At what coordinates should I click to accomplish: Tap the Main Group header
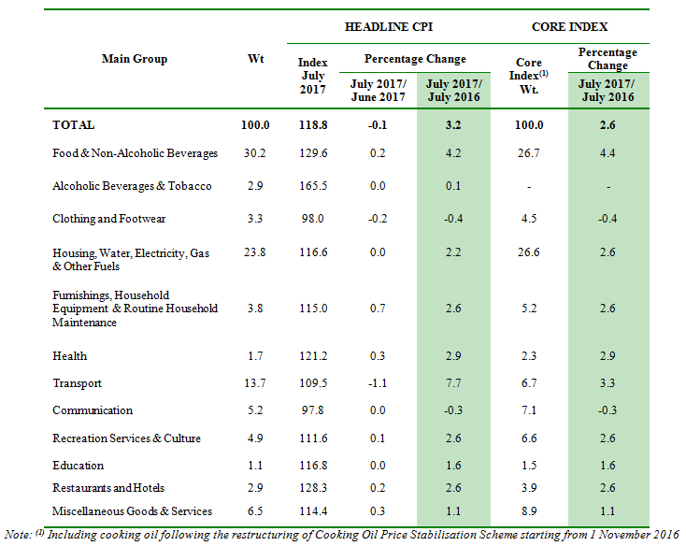click(135, 59)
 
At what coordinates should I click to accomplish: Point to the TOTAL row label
click(74, 124)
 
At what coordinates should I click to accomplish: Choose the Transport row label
click(78, 383)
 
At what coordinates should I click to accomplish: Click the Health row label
click(70, 356)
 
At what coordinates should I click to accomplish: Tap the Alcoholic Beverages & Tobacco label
click(132, 186)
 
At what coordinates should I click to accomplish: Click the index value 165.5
click(312, 186)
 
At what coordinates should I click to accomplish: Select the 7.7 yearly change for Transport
click(453, 383)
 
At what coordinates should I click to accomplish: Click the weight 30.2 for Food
click(255, 153)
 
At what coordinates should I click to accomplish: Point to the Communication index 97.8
click(312, 410)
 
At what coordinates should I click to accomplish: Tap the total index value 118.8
click(312, 124)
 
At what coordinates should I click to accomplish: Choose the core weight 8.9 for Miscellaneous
click(529, 511)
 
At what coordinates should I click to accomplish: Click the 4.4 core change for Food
click(607, 153)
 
